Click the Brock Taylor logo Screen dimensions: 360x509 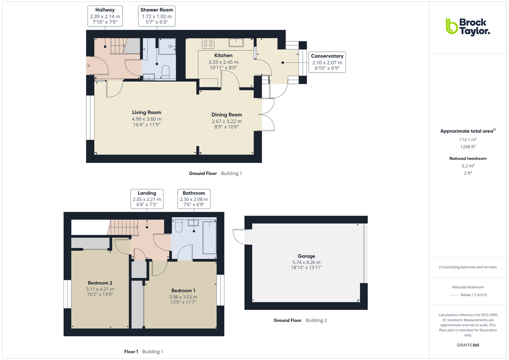coord(467,26)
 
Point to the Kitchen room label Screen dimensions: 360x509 coord(223,55)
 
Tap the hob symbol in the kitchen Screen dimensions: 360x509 coord(208,42)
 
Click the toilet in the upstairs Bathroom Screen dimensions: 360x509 coord(179,226)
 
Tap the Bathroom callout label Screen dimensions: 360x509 coord(194,199)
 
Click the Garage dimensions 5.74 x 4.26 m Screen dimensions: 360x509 coord(306,262)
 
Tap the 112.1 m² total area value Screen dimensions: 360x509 coord(460,140)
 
